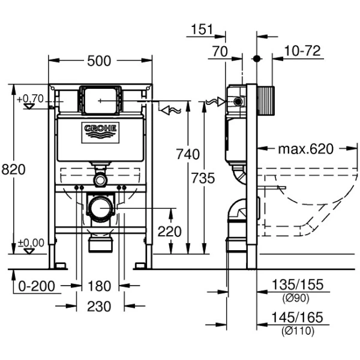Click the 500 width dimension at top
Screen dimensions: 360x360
[99, 60]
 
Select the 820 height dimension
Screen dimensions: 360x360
[13, 170]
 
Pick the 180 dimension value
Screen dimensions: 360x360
[99, 286]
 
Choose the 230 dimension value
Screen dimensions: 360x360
[99, 306]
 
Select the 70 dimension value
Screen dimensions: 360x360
[220, 52]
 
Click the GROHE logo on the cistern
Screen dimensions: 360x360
[100, 131]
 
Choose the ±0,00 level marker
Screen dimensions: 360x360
[30, 242]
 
